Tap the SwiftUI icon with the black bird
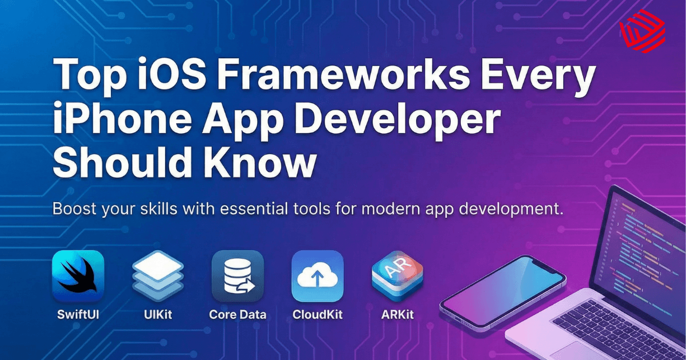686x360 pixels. point(78,277)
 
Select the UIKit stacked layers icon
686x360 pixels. point(157,277)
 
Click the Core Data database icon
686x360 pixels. point(237,277)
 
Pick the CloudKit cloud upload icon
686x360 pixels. point(318,277)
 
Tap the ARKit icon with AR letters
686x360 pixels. point(397,275)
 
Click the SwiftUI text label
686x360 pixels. point(78,314)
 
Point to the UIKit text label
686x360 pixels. point(157,314)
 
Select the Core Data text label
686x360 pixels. point(237,314)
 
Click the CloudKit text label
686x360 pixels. point(318,314)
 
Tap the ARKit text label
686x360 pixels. point(397,314)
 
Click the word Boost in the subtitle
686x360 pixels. point(76,211)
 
